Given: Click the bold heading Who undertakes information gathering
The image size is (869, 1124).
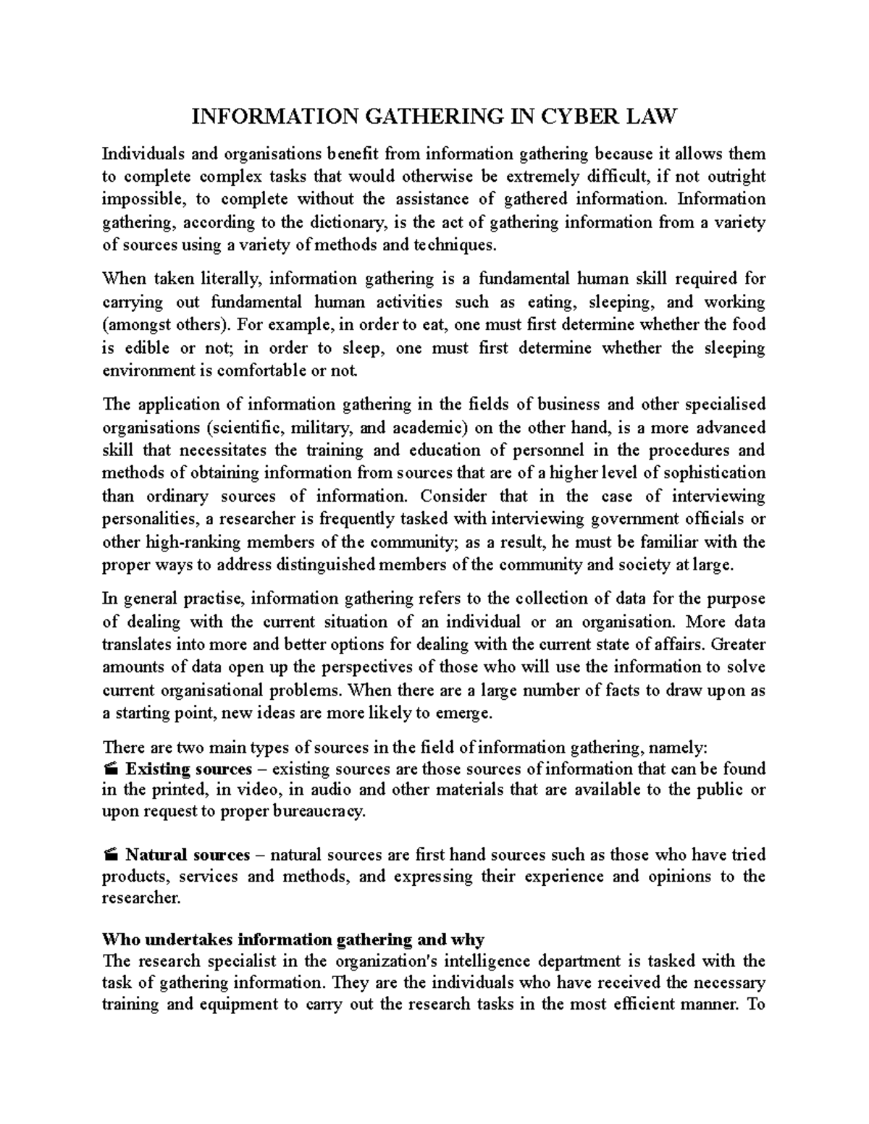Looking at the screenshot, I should click(293, 939).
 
